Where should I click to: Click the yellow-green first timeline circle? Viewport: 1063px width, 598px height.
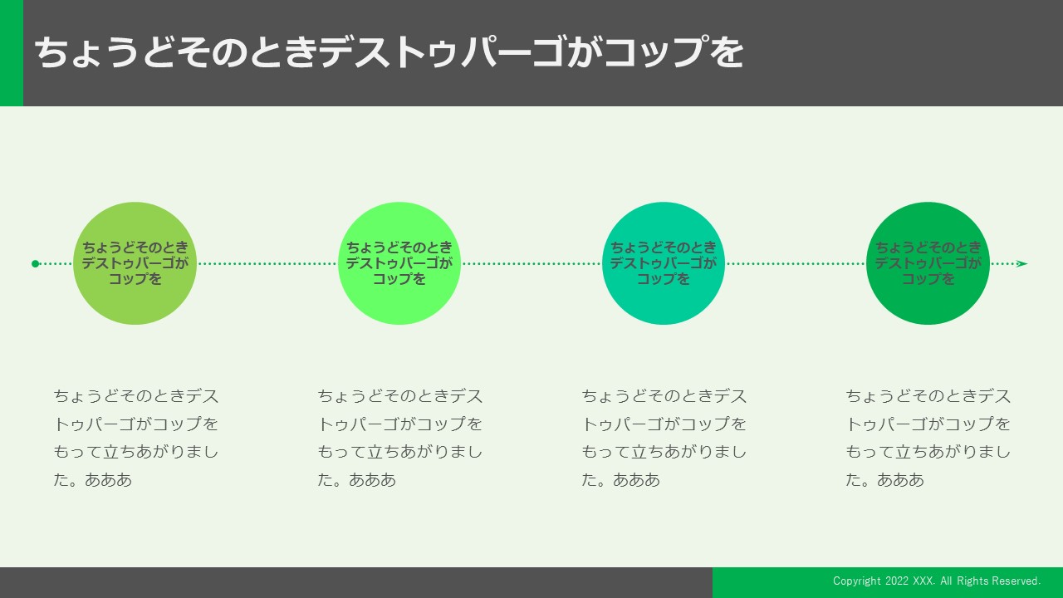tap(135, 263)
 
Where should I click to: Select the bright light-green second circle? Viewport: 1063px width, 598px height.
tap(399, 263)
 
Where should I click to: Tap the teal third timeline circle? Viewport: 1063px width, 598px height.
tap(664, 263)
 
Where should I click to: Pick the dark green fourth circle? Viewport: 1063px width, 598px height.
tap(928, 263)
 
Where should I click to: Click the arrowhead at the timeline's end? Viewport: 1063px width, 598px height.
tap(1022, 264)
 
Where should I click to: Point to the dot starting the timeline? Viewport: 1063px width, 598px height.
tap(35, 264)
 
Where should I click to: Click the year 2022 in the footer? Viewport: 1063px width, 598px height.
tap(897, 581)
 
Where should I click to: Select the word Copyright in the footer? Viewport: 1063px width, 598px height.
tap(857, 581)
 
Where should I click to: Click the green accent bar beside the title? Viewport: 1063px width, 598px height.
tap(12, 52)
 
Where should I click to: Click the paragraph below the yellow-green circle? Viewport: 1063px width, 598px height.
tap(135, 438)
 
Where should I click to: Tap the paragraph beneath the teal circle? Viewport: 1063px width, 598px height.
tap(664, 438)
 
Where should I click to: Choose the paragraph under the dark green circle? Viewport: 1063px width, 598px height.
tap(928, 438)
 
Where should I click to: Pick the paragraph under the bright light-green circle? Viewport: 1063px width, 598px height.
tap(400, 438)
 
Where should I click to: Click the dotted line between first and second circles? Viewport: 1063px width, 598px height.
tap(267, 264)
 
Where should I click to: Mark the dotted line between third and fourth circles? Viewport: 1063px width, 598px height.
tap(796, 264)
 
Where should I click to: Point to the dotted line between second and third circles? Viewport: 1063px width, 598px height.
tap(531, 264)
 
